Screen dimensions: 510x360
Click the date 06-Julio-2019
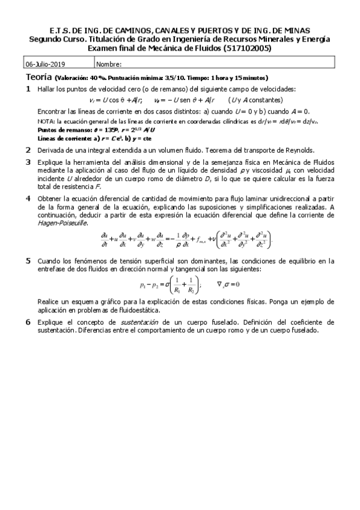(46, 64)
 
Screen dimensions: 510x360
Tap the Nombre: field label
(109, 64)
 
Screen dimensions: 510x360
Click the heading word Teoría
(38, 78)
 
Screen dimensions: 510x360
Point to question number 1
(28, 88)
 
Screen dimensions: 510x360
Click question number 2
(28, 150)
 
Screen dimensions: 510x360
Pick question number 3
(28, 162)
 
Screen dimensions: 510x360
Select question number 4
(28, 198)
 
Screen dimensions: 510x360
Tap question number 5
(28, 260)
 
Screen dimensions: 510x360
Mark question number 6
(28, 322)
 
